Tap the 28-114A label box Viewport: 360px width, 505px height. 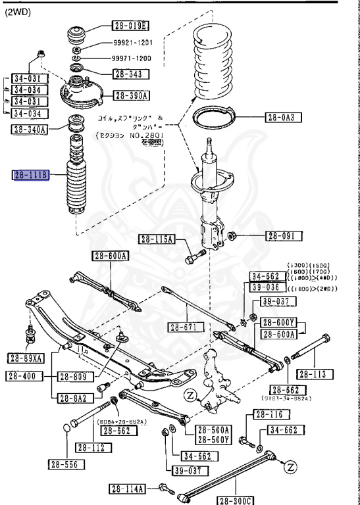point(130,489)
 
